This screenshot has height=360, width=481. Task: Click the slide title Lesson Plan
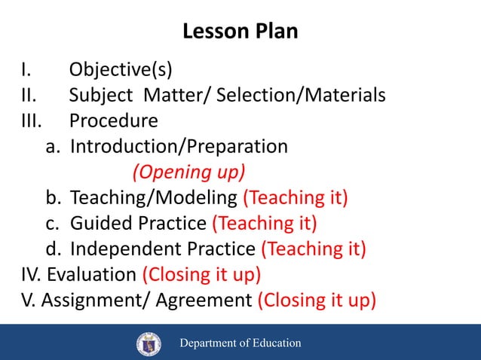pyautogui.click(x=240, y=32)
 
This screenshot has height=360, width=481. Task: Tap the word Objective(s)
pyautogui.click(x=121, y=71)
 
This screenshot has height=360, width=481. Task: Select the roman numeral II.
pyautogui.click(x=30, y=96)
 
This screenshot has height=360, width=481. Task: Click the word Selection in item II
pyautogui.click(x=255, y=96)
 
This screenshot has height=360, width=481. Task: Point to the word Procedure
pyautogui.click(x=114, y=121)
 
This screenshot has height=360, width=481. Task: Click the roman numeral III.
pyautogui.click(x=33, y=121)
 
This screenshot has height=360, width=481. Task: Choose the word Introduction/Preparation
pyautogui.click(x=179, y=146)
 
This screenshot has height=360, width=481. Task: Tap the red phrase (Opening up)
pyautogui.click(x=189, y=172)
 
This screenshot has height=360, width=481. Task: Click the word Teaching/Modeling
pyautogui.click(x=153, y=198)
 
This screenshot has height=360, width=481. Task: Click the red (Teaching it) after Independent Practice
pyautogui.click(x=314, y=249)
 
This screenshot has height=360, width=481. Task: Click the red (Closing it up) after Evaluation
pyautogui.click(x=201, y=274)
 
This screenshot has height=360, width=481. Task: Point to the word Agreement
pyautogui.click(x=204, y=300)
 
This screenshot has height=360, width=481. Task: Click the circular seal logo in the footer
pyautogui.click(x=149, y=343)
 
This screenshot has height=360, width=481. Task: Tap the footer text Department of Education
pyautogui.click(x=239, y=343)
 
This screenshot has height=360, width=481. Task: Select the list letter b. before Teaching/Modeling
pyautogui.click(x=53, y=198)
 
